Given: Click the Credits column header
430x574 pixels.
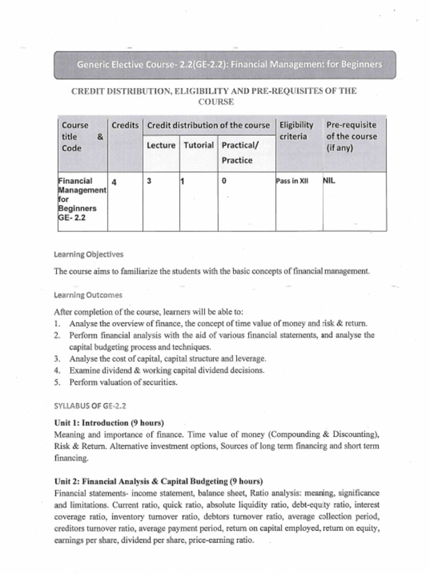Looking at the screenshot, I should (x=125, y=125).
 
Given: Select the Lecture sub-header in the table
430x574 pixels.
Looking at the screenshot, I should (x=161, y=145).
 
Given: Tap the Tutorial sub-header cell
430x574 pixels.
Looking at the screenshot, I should (x=199, y=145).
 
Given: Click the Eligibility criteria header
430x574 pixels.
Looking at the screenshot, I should (x=296, y=131).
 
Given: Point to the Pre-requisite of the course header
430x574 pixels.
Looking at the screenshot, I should (x=352, y=136).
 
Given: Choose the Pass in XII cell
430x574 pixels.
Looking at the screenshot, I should (x=292, y=182).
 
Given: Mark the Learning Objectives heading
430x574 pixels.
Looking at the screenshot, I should (x=88, y=254).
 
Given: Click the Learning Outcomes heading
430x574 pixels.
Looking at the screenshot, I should (x=88, y=295).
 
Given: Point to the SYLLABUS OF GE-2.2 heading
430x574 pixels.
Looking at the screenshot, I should (x=90, y=405).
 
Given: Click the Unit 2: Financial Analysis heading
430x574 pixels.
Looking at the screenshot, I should (x=158, y=482).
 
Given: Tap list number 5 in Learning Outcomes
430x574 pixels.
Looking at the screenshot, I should (x=57, y=382).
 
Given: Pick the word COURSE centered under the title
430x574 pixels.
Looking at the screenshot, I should (x=216, y=102).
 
